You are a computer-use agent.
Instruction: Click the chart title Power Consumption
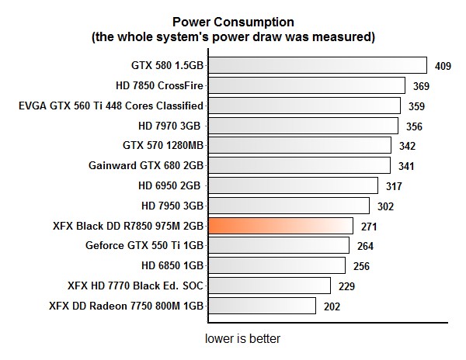coord(233,21)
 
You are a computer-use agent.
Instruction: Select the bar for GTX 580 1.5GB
coord(317,65)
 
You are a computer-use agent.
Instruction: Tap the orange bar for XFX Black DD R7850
coord(280,226)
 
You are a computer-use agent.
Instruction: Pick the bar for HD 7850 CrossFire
coord(306,85)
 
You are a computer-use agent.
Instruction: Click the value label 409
coord(443,66)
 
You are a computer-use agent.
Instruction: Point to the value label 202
coord(332,306)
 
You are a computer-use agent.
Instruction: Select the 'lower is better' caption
coord(242,339)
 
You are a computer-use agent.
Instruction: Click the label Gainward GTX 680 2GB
coord(147,165)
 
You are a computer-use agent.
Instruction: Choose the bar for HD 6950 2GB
coord(293,185)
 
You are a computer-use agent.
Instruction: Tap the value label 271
coord(370,227)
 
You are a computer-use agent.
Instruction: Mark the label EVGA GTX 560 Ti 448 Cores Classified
coord(111,106)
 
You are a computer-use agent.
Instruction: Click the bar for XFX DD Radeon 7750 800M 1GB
coord(262,306)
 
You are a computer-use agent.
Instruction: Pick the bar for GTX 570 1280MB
coord(300,145)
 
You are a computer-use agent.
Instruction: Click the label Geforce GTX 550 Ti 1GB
coord(144,246)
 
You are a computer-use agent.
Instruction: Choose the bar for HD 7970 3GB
coord(303,125)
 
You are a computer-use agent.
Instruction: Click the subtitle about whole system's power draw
coord(233,36)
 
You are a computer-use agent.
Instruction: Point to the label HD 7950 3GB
coord(172,206)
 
